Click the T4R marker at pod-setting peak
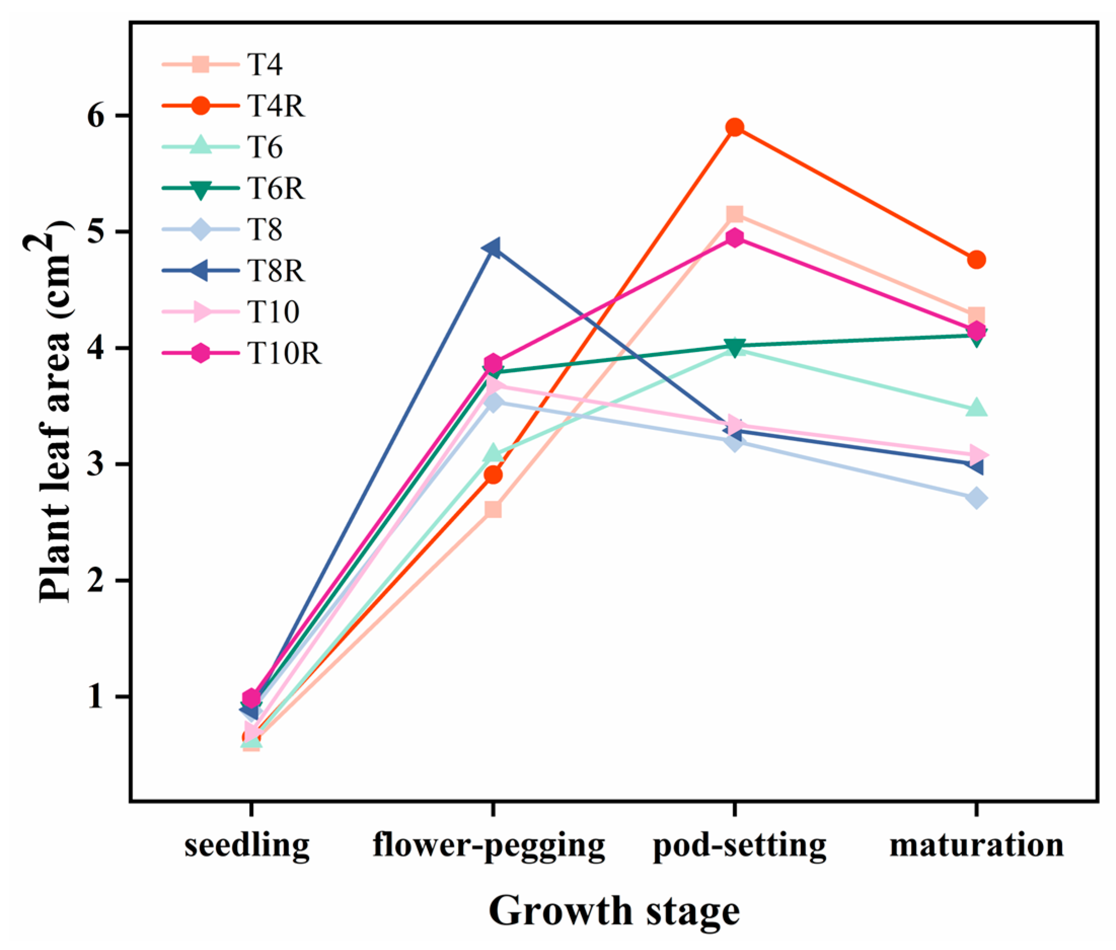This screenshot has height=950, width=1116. (735, 128)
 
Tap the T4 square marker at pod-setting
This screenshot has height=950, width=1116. (735, 214)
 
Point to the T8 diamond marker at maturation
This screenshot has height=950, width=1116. (976, 498)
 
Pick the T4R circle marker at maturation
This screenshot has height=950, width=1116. (976, 260)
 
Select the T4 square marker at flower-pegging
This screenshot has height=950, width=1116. (493, 509)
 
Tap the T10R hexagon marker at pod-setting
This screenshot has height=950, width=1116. (735, 238)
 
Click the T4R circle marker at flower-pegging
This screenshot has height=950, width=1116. (493, 475)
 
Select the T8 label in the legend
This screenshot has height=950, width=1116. (264, 229)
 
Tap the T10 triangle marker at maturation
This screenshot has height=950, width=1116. (977, 455)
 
